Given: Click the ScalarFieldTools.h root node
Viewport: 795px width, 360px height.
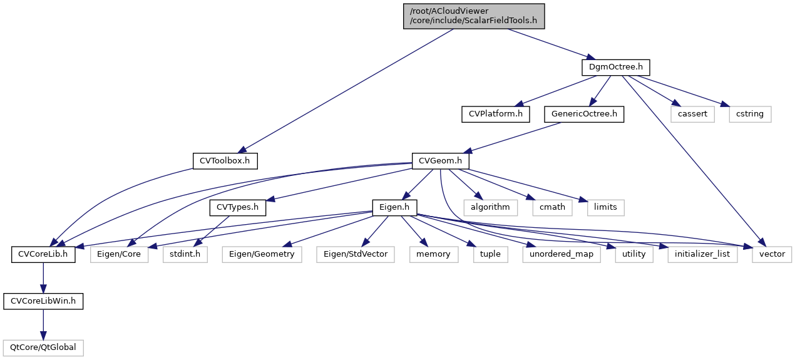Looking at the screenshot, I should point(473,16).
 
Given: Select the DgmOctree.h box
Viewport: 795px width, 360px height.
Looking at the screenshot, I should point(616,66).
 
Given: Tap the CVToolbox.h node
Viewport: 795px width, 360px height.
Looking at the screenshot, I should point(225,161).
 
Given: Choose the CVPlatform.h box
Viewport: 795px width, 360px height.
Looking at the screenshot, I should point(495,114).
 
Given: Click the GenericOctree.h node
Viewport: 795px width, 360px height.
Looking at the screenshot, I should point(584,114).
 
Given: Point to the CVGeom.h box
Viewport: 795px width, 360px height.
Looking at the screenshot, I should point(441,161).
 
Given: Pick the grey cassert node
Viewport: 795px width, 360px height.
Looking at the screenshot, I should point(692,114).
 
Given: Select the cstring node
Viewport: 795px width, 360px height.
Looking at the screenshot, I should point(750,114).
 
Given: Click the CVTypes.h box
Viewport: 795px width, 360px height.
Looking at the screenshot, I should point(237,207).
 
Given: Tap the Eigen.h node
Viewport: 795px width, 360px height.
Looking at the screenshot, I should point(395,207).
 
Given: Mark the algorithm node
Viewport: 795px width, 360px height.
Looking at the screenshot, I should point(490,207).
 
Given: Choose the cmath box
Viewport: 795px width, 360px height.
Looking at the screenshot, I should point(553,207).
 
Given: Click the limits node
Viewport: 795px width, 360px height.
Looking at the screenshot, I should point(605,207).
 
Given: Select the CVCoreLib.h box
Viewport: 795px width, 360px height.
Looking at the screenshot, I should point(43,254).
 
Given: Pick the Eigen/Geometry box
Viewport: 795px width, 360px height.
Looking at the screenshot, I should point(262,254).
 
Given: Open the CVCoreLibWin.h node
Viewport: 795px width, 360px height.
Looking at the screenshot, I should point(43,301).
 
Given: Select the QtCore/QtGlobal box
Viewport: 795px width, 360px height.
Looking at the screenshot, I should point(43,347).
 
